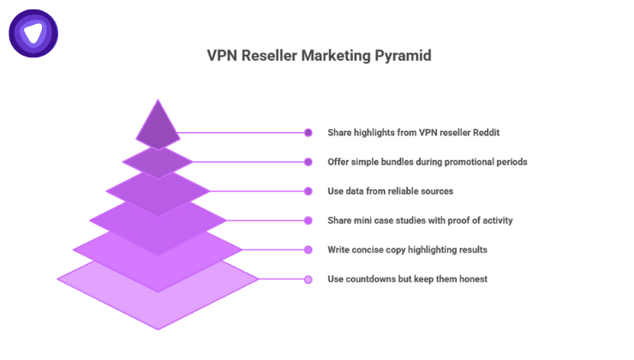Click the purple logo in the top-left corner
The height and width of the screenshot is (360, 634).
tap(33, 33)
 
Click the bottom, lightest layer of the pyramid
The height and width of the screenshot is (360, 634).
tap(158, 296)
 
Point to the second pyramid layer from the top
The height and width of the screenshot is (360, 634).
tap(158, 161)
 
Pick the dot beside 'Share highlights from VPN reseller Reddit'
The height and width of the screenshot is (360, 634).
tap(308, 133)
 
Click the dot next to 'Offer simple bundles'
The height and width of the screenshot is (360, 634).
tap(308, 162)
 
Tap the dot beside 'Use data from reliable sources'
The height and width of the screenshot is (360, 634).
tap(308, 191)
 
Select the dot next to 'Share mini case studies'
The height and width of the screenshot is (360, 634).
tap(308, 220)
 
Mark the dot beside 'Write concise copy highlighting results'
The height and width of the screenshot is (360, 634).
tap(308, 249)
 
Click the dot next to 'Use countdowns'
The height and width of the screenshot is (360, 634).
tap(308, 279)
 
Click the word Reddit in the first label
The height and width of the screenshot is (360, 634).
tap(483, 133)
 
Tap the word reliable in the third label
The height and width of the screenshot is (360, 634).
tap(394, 191)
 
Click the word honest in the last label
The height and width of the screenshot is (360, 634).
tap(470, 279)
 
